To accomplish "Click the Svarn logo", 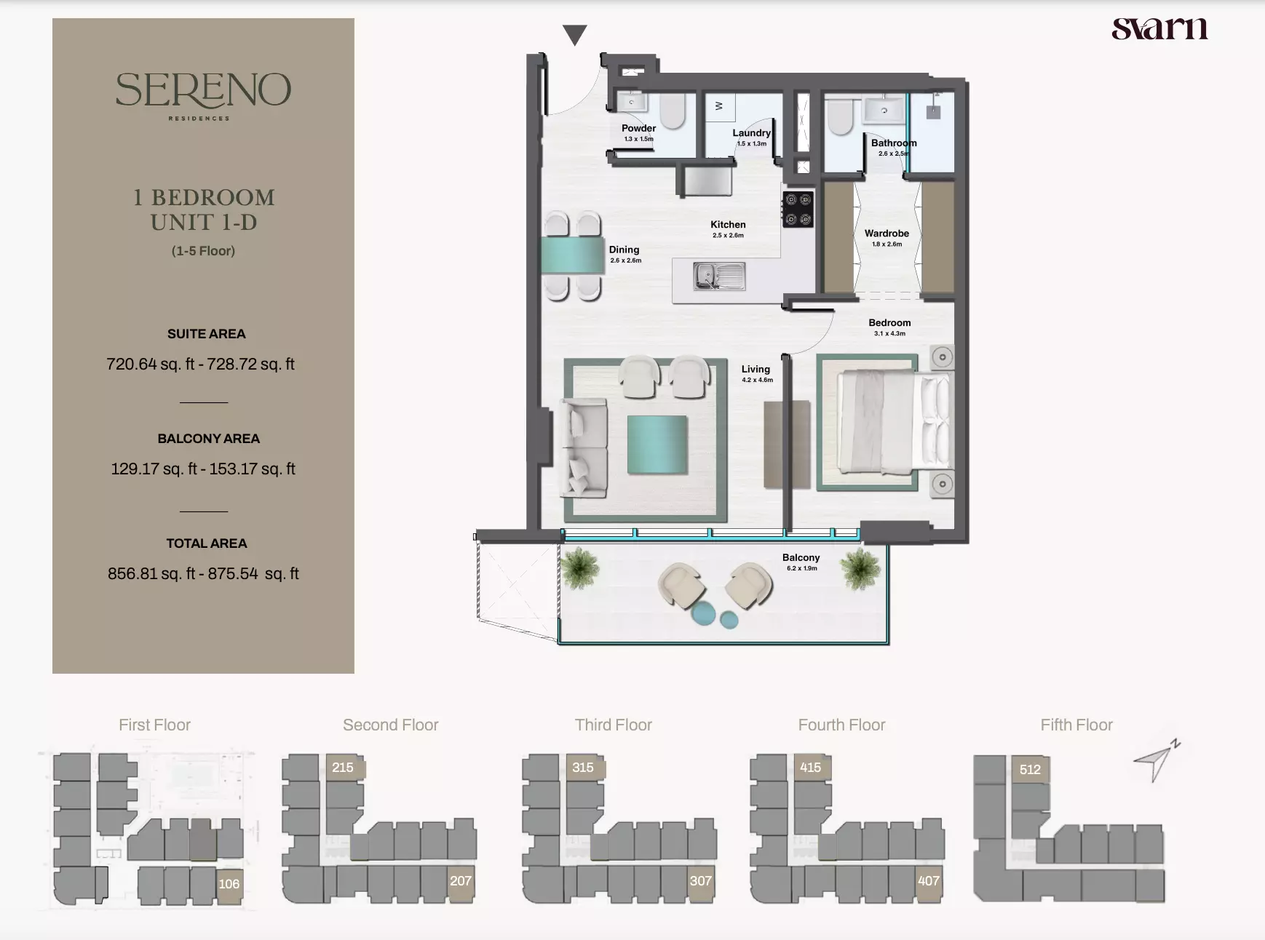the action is click(x=1159, y=28).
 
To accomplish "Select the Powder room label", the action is click(x=638, y=128).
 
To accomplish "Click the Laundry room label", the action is click(x=751, y=133).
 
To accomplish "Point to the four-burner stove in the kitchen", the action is click(x=798, y=209).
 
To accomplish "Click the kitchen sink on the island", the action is click(x=719, y=276).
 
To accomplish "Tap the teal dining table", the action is click(x=572, y=255).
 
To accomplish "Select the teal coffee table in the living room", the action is click(x=657, y=445).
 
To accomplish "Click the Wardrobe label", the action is click(x=887, y=234).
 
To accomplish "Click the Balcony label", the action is click(x=801, y=557).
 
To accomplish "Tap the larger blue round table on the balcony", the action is click(x=705, y=613).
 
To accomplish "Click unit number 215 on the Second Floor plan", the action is click(x=343, y=768).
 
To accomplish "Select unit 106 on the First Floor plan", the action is click(x=229, y=885).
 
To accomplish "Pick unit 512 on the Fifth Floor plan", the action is click(x=1030, y=770).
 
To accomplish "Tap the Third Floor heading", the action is click(x=614, y=725).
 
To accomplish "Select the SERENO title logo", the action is click(x=203, y=95).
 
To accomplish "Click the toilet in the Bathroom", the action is click(x=840, y=116).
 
